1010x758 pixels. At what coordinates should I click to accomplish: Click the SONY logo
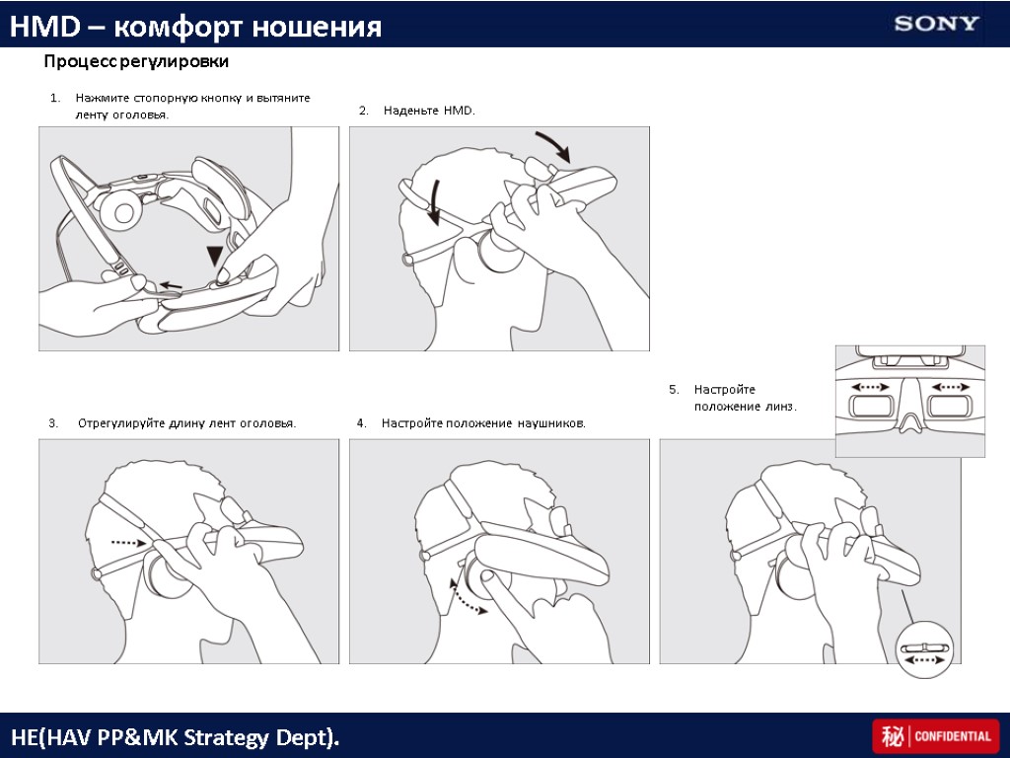(x=936, y=24)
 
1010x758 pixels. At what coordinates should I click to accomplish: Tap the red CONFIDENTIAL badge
(x=935, y=736)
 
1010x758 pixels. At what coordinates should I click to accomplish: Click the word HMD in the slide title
(x=36, y=28)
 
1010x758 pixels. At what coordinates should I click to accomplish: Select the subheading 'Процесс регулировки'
(x=136, y=62)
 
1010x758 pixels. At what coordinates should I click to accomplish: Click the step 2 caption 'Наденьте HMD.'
(x=429, y=111)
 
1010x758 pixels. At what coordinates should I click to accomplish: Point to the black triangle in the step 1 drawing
(x=215, y=257)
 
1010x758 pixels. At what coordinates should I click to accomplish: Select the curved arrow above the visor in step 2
(x=552, y=146)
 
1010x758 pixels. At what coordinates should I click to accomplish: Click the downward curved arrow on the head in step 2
(x=431, y=202)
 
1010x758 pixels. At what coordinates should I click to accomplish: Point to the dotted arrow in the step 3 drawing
(x=129, y=542)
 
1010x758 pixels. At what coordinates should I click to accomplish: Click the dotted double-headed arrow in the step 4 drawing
(x=469, y=596)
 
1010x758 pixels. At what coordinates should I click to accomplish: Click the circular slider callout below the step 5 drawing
(x=925, y=651)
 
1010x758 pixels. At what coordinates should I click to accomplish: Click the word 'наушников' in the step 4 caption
(x=548, y=423)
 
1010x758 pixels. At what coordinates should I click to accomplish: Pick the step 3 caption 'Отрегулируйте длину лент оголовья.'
(x=186, y=423)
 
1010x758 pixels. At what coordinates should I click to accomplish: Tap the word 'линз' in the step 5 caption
(x=780, y=407)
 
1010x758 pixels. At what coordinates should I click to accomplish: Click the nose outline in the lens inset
(x=910, y=420)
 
